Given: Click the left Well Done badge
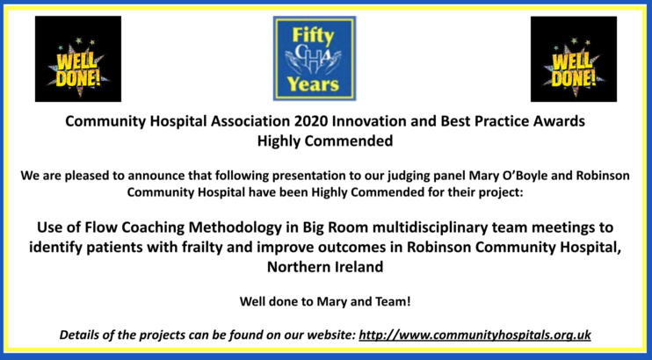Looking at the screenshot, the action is [78, 59].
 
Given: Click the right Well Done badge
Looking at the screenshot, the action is [574, 59].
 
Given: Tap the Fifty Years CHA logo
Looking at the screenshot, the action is [315, 58].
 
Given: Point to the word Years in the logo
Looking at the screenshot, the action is [313, 84].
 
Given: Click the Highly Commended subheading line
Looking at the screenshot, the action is [325, 140].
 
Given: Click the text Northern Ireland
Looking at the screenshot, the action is [325, 267].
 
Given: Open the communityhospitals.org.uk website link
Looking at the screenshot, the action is [475, 335].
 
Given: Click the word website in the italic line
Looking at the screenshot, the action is [330, 335].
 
